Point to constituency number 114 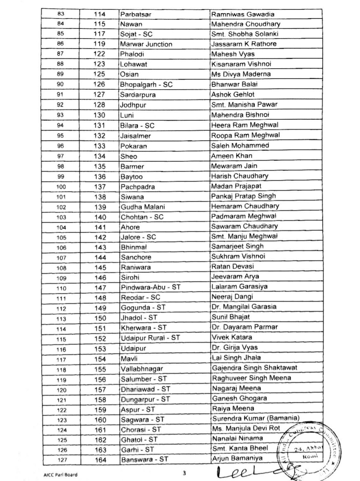pos(100,14)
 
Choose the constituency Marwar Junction pos(146,44)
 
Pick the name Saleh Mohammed pos(234,145)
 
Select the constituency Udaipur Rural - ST pos(150,337)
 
